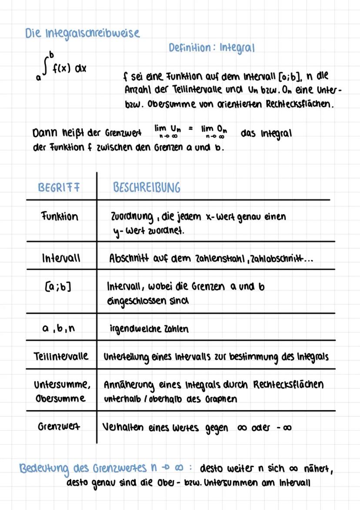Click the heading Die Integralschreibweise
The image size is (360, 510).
tap(82, 33)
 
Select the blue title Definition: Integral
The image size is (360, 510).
tap(211, 48)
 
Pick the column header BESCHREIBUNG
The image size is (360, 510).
tap(147, 187)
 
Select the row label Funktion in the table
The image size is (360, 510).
tap(60, 216)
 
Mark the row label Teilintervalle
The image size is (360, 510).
tap(61, 356)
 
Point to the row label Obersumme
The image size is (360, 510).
tap(60, 398)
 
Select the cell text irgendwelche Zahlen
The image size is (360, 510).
tap(149, 328)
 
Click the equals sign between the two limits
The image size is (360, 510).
tap(190, 129)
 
